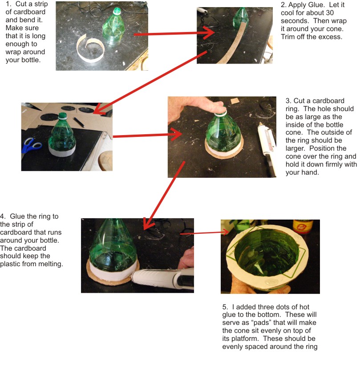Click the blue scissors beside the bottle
pos(31,145)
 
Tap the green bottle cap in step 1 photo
pos(117,11)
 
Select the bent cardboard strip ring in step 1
pos(90,49)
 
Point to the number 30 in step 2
pos(330,13)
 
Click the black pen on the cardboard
pos(79,122)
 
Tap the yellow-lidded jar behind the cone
pos(303,227)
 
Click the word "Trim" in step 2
pos(287,37)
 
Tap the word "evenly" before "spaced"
pos(233,347)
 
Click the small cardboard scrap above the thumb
pos(234,100)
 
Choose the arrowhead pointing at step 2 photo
pos(209,32)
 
